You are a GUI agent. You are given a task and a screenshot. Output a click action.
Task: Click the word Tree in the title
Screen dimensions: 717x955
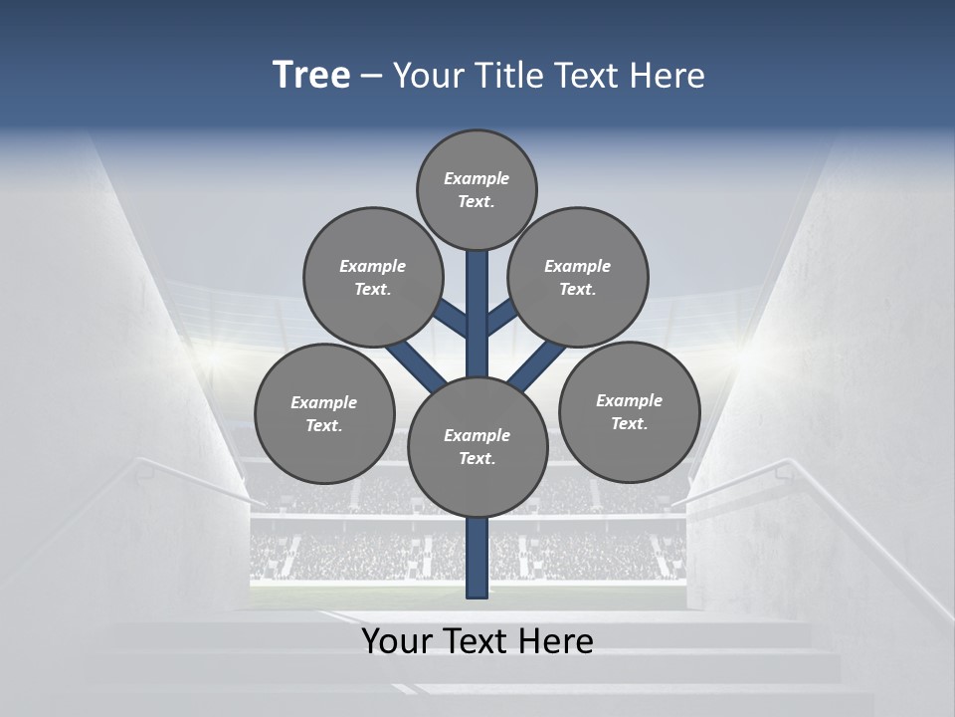[311, 75]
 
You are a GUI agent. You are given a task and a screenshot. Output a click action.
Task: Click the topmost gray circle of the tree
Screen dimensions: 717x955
[477, 189]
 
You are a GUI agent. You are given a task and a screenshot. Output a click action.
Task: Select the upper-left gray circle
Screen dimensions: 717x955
[372, 277]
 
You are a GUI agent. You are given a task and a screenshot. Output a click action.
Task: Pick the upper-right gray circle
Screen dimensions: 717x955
[578, 277]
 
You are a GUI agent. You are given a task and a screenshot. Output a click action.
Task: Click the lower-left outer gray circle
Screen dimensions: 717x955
[324, 413]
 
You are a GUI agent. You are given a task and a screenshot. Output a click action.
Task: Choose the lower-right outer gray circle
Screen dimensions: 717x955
[629, 411]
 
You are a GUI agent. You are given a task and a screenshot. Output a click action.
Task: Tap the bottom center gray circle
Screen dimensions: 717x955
[477, 446]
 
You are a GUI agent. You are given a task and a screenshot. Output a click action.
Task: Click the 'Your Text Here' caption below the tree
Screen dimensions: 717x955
[477, 641]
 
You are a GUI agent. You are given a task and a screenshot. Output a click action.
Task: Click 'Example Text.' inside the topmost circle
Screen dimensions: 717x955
[477, 189]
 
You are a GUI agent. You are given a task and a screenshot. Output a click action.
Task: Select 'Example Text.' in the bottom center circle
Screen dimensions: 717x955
[477, 446]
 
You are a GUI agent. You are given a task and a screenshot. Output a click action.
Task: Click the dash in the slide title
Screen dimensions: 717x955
[372, 76]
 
